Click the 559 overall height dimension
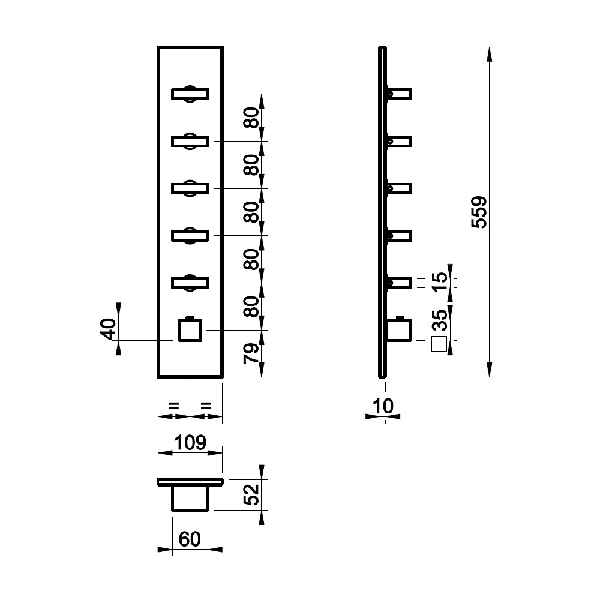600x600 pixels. pyautogui.click(x=479, y=212)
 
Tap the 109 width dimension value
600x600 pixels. pyautogui.click(x=190, y=443)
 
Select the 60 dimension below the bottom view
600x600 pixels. pyautogui.click(x=190, y=539)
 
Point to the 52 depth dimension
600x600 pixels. pyautogui.click(x=251, y=495)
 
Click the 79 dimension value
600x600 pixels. pyautogui.click(x=251, y=353)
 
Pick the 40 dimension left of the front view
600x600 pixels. pyautogui.click(x=108, y=329)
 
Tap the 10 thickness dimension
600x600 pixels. pyautogui.click(x=383, y=406)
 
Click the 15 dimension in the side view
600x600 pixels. pyautogui.click(x=440, y=282)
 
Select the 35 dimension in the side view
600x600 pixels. pyautogui.click(x=440, y=320)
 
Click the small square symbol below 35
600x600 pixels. pyautogui.click(x=439, y=344)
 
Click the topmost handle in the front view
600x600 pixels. pyautogui.click(x=190, y=94)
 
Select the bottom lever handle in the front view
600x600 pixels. pyautogui.click(x=190, y=283)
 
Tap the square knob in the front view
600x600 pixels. pyautogui.click(x=190, y=329)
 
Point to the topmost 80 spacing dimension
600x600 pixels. pyautogui.click(x=251, y=118)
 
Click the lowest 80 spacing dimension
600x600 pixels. pyautogui.click(x=251, y=307)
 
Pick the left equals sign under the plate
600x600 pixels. pyautogui.click(x=174, y=406)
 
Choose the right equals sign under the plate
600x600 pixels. pyautogui.click(x=206, y=406)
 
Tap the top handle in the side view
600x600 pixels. pyautogui.click(x=399, y=94)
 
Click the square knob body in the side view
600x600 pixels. pyautogui.click(x=399, y=329)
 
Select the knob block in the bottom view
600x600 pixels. pyautogui.click(x=190, y=498)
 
